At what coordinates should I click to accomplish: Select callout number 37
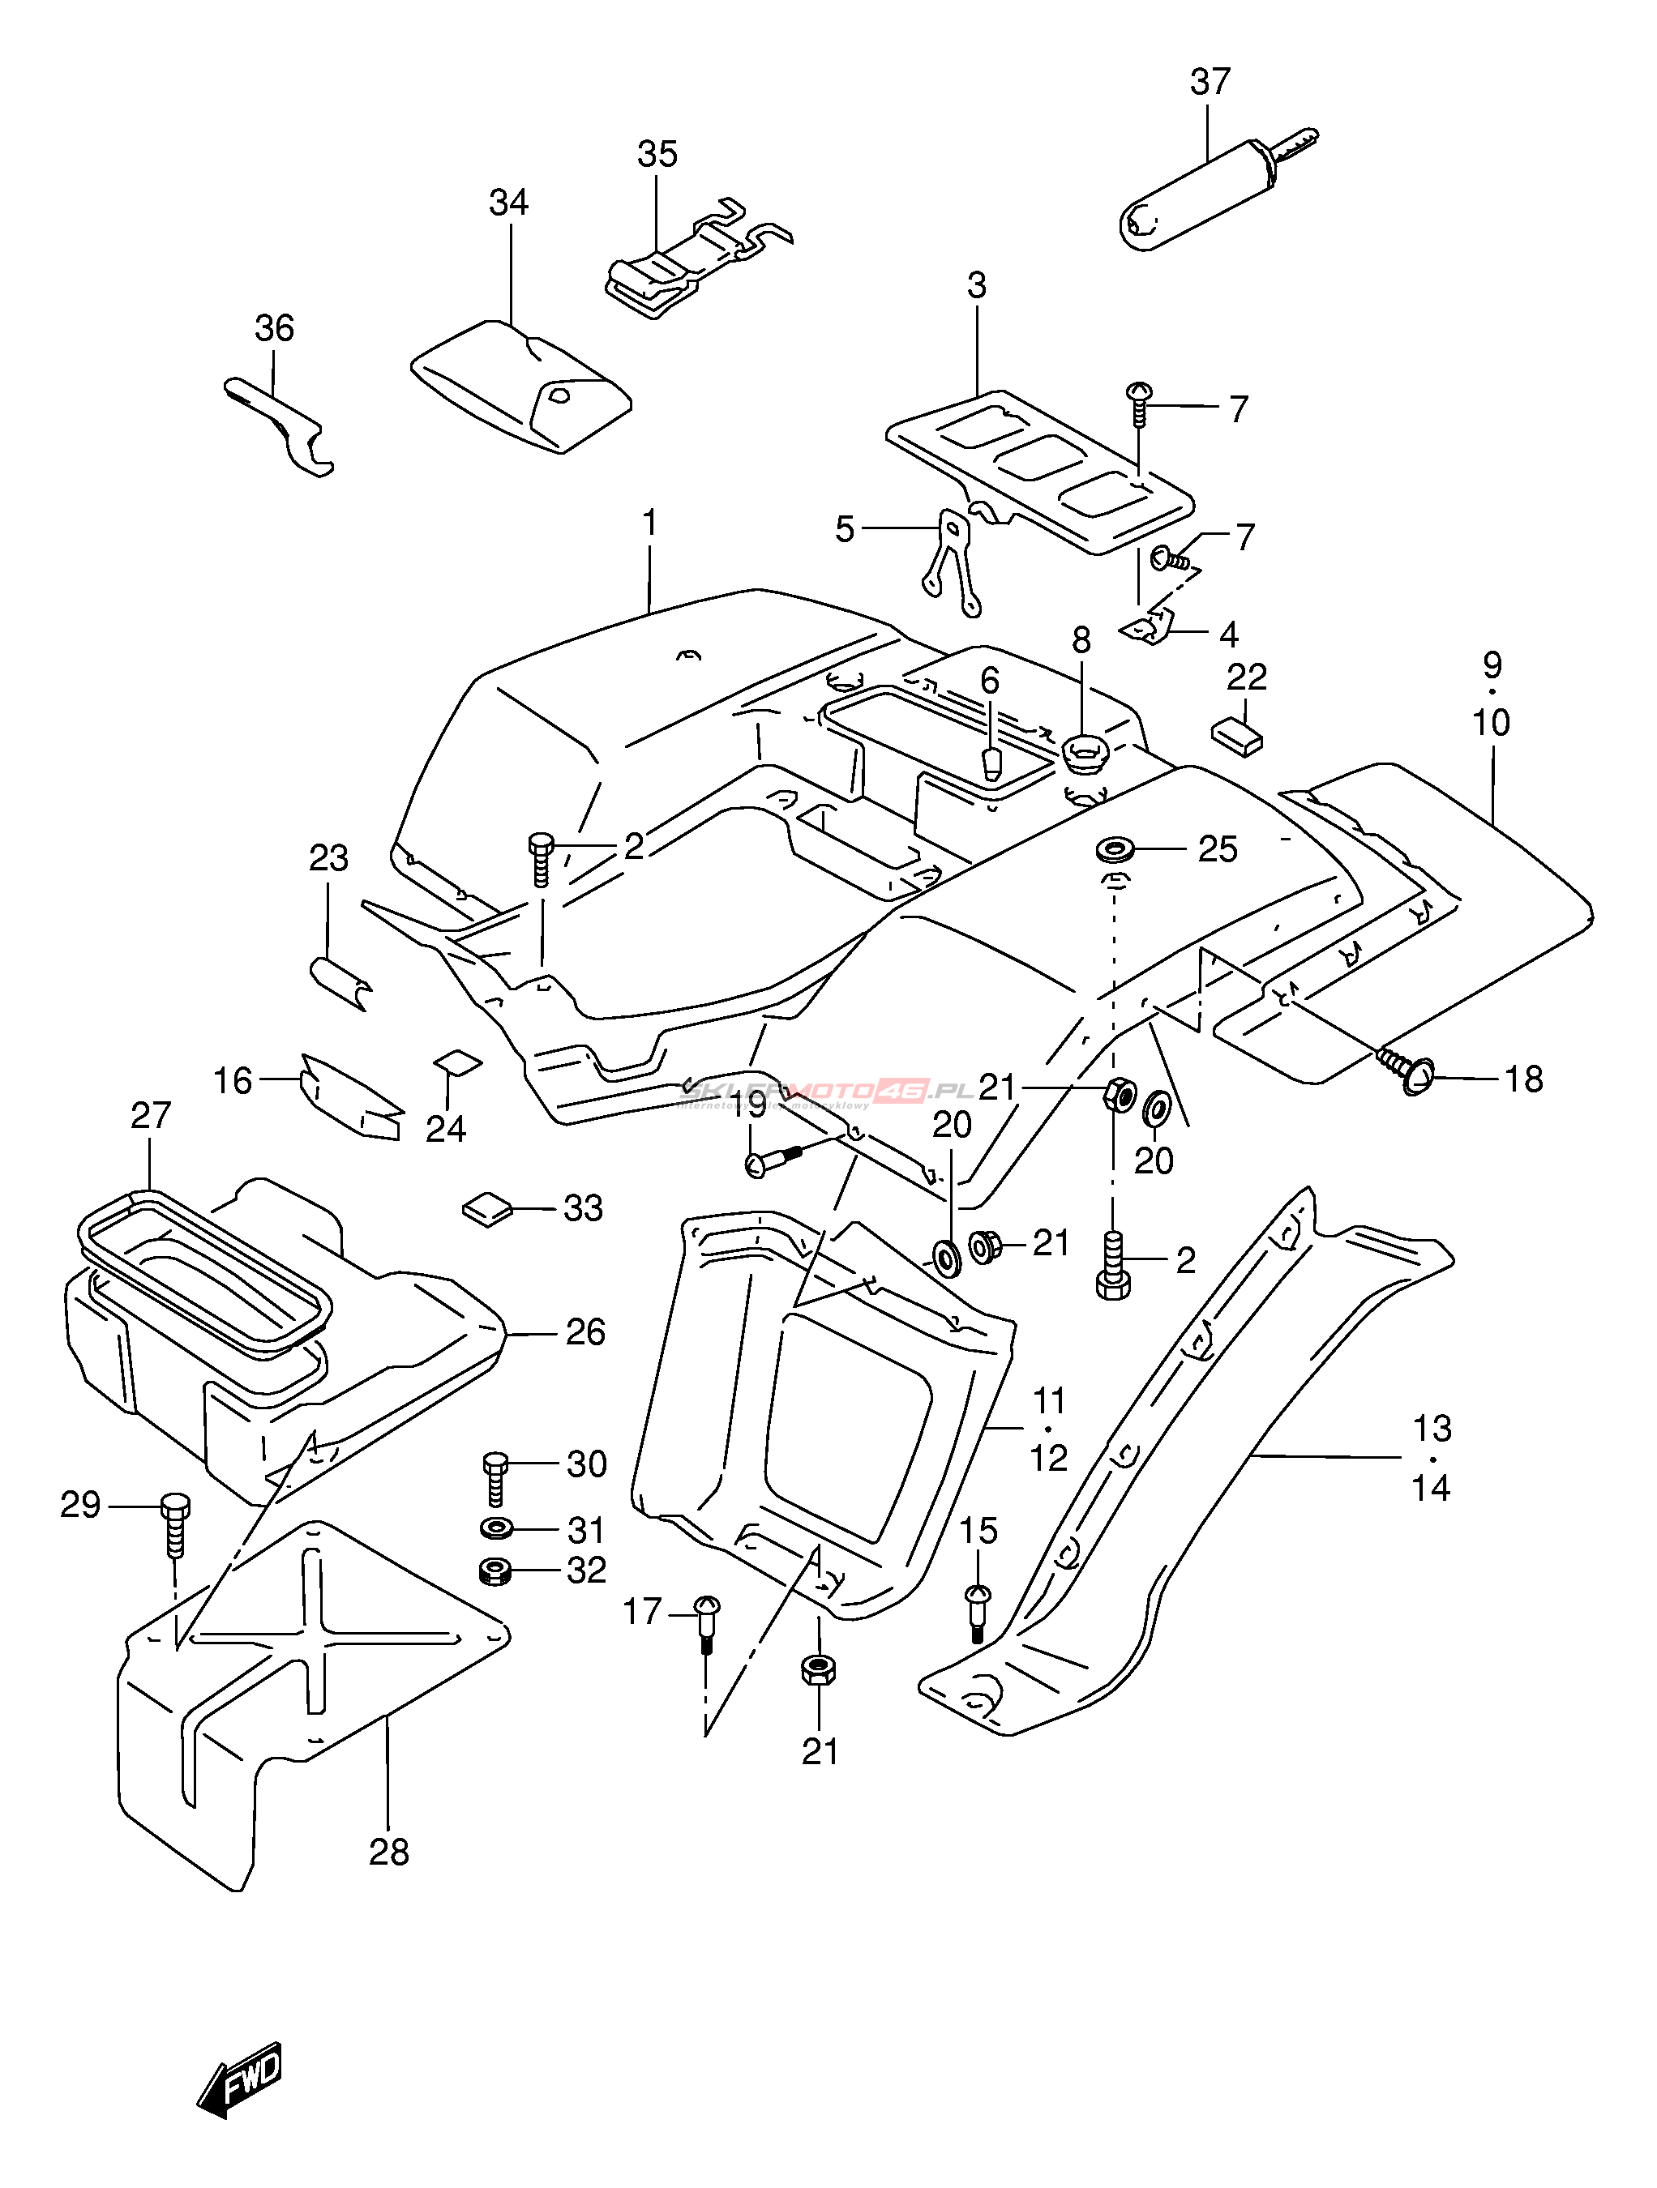pos(1210,82)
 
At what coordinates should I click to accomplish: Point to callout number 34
pos(508,203)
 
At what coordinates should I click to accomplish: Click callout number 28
pos(389,1851)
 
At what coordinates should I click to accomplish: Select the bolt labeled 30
pos(495,1478)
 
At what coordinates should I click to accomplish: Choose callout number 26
pos(584,1332)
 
